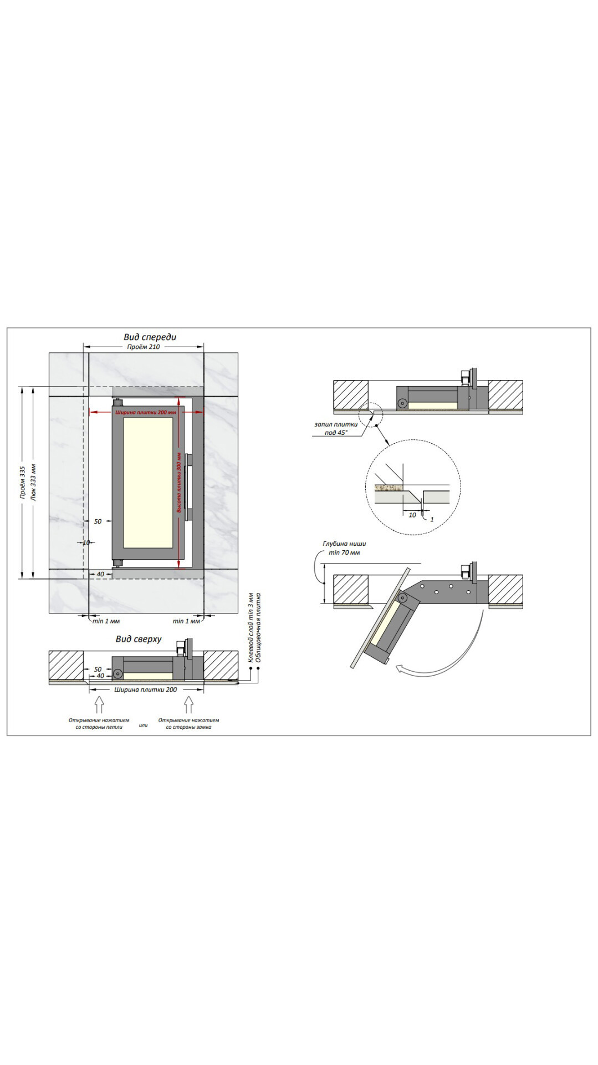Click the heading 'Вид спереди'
[x=150, y=337]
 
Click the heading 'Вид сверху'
[x=139, y=639]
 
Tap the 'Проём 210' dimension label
[x=143, y=347]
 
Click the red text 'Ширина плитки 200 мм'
[x=146, y=413]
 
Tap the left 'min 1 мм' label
[x=106, y=621]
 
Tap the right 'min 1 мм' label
[x=186, y=621]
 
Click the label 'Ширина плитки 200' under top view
[x=146, y=689]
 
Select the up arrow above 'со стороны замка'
[x=188, y=704]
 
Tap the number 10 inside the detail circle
[x=412, y=515]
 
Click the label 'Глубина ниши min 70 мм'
[x=344, y=548]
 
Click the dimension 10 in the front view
[x=86, y=542]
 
